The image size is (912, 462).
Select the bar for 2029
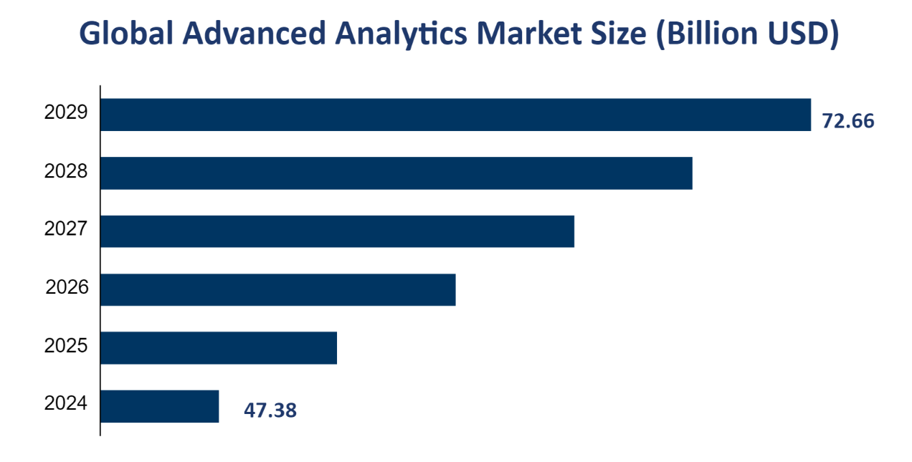(455, 115)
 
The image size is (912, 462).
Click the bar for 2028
(396, 173)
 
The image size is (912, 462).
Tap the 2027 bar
(337, 231)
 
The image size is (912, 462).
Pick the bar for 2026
(277, 289)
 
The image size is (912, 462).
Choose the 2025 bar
(218, 347)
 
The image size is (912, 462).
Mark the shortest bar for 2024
(159, 406)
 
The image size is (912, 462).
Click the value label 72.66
(848, 121)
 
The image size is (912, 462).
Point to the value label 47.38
(270, 411)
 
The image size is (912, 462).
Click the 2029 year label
(66, 113)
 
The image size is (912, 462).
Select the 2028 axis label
(66, 172)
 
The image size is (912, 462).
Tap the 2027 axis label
(66, 229)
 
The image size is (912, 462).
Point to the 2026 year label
(67, 288)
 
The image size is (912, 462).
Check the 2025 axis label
(66, 346)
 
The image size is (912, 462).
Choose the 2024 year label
(66, 404)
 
